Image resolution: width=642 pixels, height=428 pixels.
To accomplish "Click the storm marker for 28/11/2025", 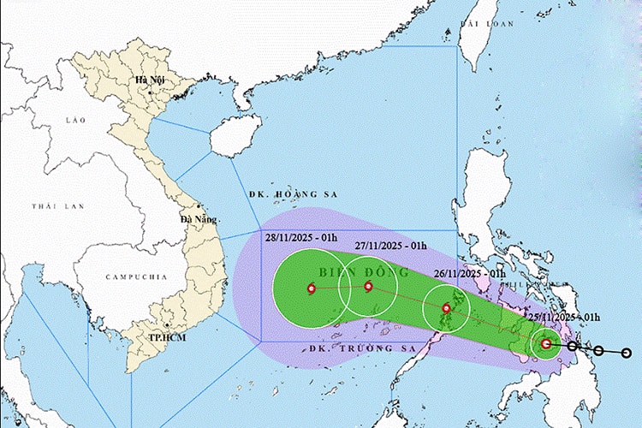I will [x=310, y=289].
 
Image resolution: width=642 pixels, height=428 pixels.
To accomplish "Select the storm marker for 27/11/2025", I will [x=369, y=287].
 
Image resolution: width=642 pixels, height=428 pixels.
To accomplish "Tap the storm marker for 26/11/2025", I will [x=446, y=308].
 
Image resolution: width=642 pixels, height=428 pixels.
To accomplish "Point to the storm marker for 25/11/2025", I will [x=546, y=344].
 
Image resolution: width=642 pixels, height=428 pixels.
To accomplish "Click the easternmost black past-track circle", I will [x=627, y=353].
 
